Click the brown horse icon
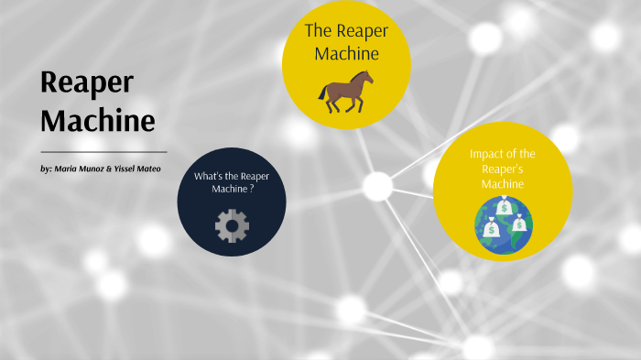346,92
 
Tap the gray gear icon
232,224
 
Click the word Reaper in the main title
87,82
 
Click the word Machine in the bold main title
98,120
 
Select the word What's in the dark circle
207,176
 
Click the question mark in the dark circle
252,189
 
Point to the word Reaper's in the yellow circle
503,169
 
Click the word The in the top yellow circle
317,30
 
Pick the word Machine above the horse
346,53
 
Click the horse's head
367,77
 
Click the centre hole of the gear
232,224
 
